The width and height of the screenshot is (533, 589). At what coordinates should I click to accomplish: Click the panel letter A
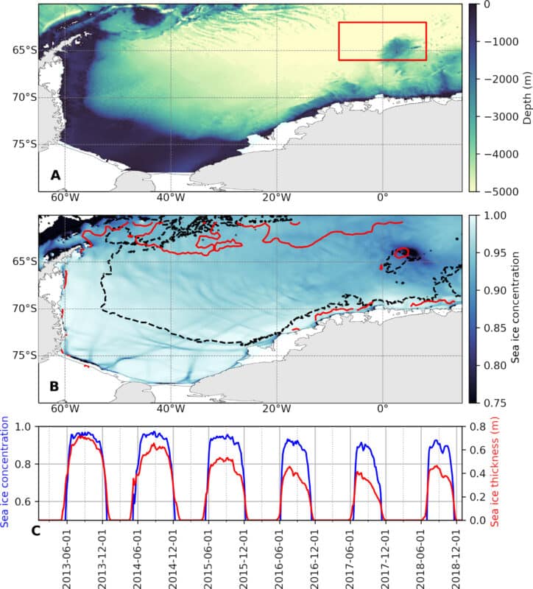coord(54,175)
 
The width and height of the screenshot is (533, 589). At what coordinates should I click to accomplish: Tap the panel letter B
coord(54,386)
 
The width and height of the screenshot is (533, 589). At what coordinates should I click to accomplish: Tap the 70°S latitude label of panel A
coord(24,97)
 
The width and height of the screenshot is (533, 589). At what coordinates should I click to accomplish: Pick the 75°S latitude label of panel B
coord(24,355)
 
